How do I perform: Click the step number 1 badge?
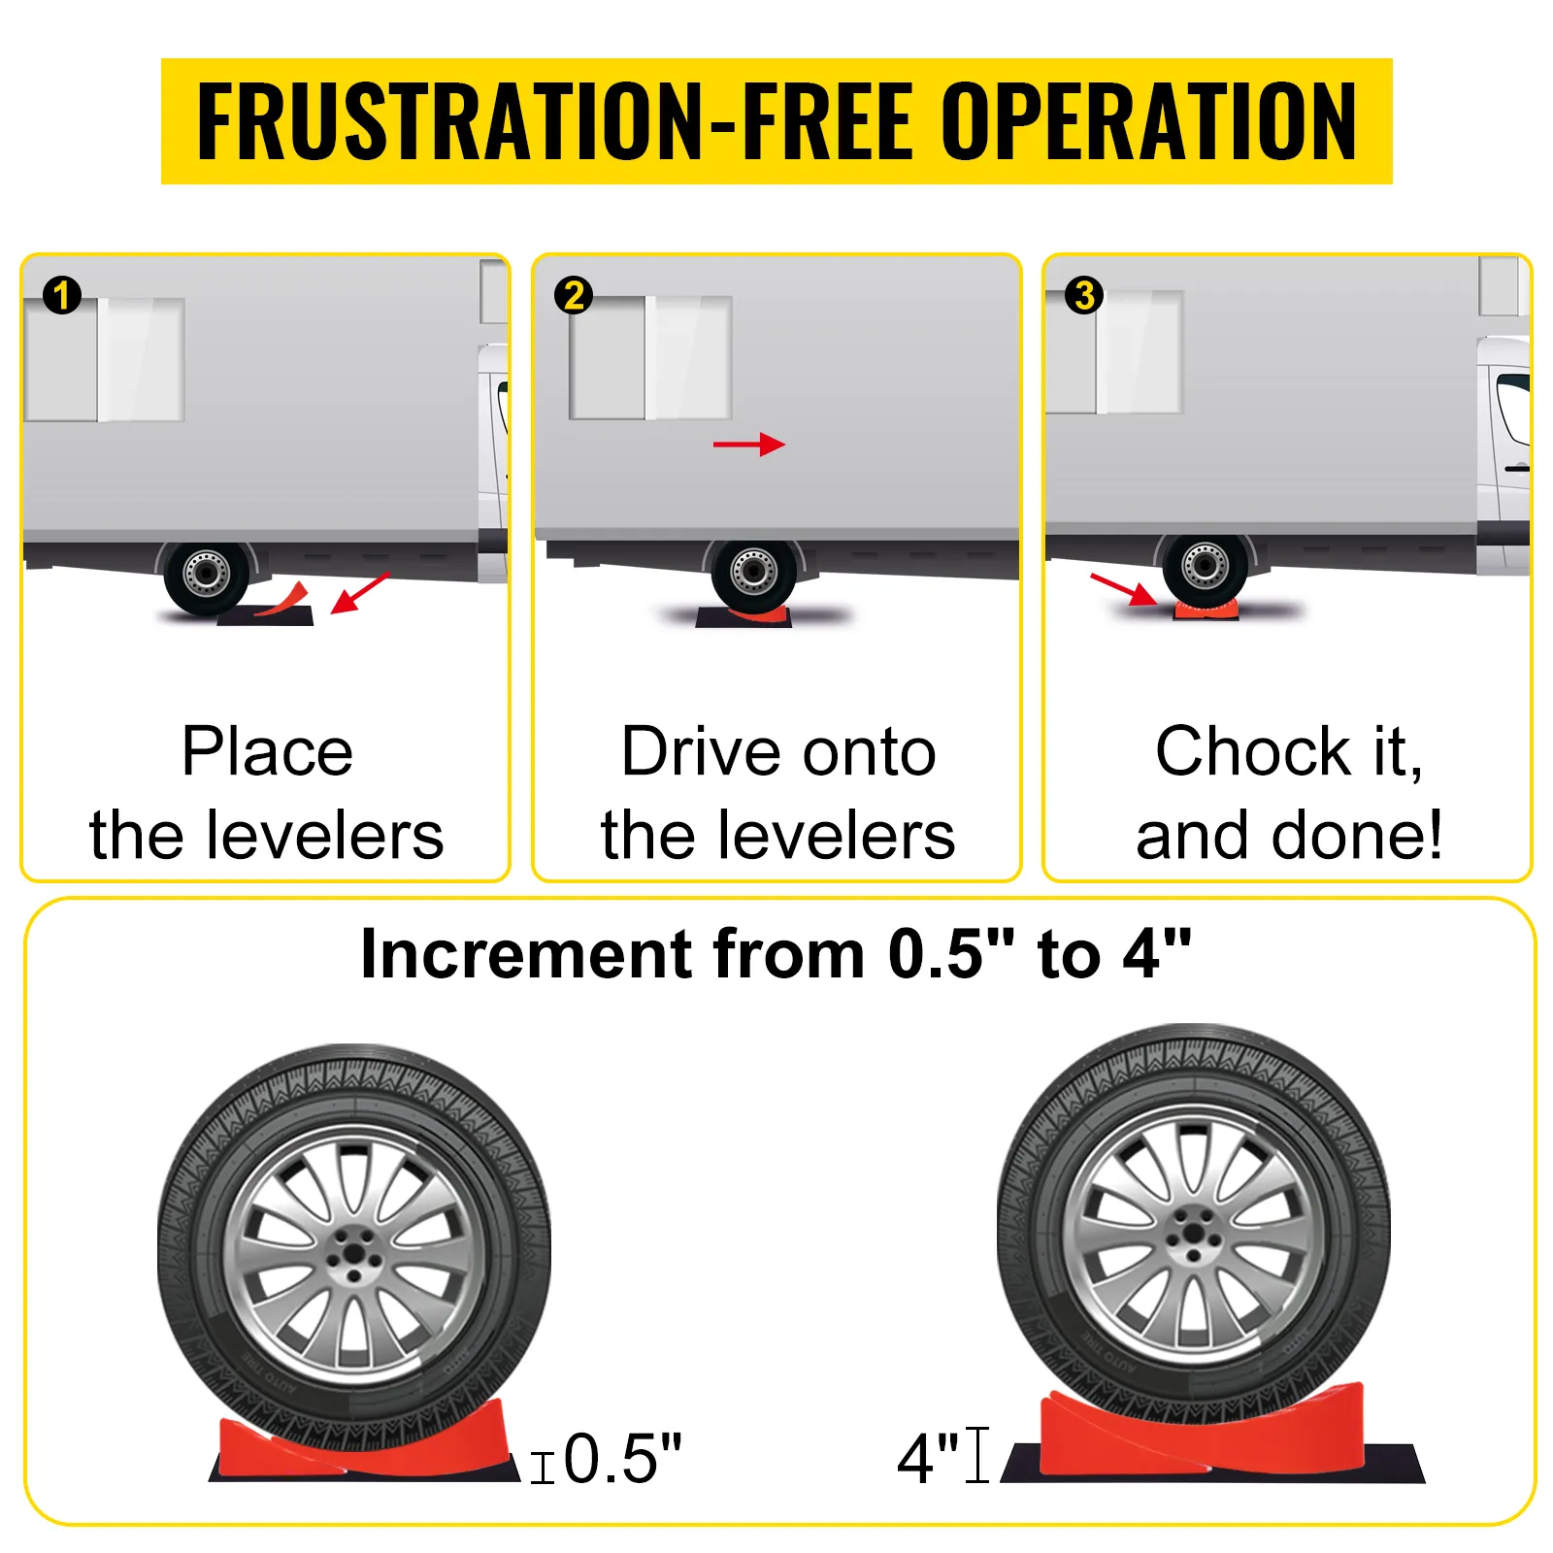tap(62, 295)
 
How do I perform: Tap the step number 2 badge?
tap(573, 295)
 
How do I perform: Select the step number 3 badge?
tap(1084, 295)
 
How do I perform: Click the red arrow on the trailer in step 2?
tap(749, 445)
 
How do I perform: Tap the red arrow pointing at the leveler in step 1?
tap(359, 593)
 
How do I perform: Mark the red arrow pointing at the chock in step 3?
tap(1123, 590)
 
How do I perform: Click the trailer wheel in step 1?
tap(206, 575)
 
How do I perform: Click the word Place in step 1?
tap(267, 752)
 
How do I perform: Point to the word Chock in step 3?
tap(1253, 751)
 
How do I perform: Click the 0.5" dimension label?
tap(622, 1459)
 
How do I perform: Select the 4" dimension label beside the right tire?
tap(928, 1459)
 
